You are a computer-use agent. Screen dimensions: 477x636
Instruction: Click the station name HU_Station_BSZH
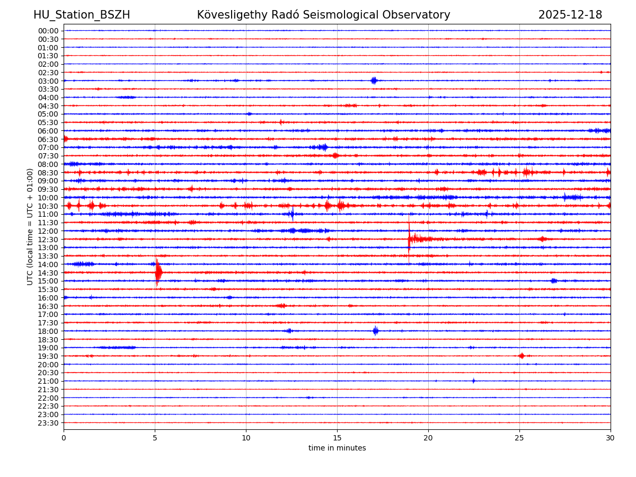[x=82, y=15]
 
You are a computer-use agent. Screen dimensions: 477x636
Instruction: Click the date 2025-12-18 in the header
[x=570, y=15]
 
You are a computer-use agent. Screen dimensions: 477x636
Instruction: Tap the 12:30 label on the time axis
[x=48, y=240]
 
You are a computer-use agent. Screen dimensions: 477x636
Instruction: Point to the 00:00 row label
[x=48, y=31]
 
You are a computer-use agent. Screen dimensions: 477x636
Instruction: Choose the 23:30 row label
[x=48, y=423]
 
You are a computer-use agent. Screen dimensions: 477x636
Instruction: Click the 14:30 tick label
[x=48, y=273]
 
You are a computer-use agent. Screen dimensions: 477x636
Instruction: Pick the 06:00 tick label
[x=48, y=131]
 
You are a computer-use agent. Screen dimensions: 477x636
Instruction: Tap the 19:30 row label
[x=48, y=356]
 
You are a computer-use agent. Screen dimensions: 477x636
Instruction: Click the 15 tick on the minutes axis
[x=337, y=438]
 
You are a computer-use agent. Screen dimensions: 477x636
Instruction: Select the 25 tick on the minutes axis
[x=519, y=438]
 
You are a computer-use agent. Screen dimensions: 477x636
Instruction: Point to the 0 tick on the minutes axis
[x=64, y=438]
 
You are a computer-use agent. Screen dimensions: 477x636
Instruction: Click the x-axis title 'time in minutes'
[x=337, y=448]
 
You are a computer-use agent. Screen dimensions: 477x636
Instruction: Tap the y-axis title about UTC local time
[x=31, y=226]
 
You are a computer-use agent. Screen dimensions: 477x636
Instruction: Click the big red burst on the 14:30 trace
[x=158, y=272]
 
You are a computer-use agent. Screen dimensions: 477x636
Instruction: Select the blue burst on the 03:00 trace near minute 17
[x=374, y=81]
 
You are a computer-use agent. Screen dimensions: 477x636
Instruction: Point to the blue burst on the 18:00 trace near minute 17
[x=375, y=331]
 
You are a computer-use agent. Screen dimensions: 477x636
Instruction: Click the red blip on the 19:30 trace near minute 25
[x=522, y=356]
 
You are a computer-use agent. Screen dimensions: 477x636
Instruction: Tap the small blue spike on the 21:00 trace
[x=473, y=381]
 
